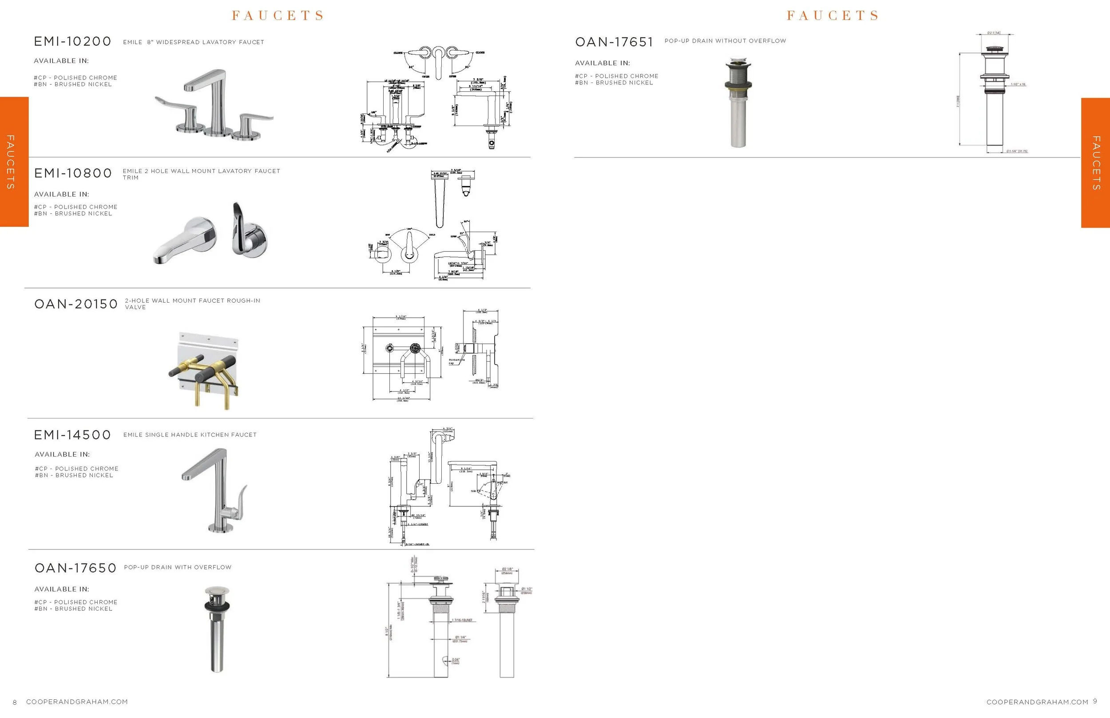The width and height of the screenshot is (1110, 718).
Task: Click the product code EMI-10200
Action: [73, 42]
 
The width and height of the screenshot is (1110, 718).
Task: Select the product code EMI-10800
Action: [73, 174]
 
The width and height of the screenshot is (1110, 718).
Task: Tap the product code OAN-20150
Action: [76, 304]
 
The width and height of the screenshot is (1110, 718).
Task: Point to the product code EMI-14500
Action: [73, 435]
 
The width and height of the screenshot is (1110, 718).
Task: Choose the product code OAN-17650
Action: [75, 568]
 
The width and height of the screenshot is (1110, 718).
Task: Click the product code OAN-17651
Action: [614, 42]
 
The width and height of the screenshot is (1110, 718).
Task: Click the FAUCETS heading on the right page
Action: [832, 16]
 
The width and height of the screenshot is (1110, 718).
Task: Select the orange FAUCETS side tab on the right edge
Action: [1095, 163]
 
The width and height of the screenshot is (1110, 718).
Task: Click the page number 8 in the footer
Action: [15, 702]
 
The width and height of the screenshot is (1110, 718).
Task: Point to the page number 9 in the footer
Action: [1095, 701]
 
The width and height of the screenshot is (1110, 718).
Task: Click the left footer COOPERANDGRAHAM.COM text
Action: [77, 702]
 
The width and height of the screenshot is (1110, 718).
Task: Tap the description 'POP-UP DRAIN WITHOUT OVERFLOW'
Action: [725, 41]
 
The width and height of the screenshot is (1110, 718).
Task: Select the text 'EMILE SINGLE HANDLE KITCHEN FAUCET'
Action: [190, 435]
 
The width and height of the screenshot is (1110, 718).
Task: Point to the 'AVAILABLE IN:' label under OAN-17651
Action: [602, 63]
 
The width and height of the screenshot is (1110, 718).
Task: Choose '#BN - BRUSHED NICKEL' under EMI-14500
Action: [74, 476]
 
